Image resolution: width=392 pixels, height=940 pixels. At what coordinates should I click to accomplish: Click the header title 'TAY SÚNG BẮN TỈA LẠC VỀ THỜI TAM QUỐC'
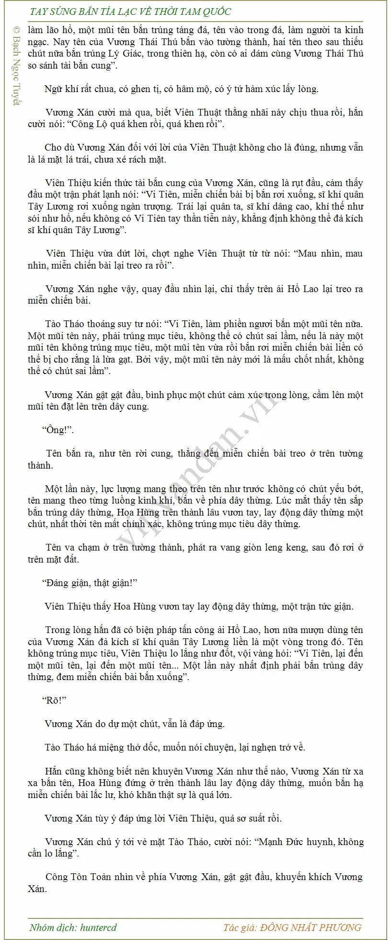(x=130, y=12)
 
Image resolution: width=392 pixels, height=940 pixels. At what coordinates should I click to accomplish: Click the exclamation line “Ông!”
(x=58, y=430)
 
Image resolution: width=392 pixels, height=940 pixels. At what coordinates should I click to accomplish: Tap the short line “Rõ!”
(x=54, y=700)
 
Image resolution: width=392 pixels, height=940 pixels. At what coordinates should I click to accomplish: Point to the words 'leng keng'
(x=282, y=547)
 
